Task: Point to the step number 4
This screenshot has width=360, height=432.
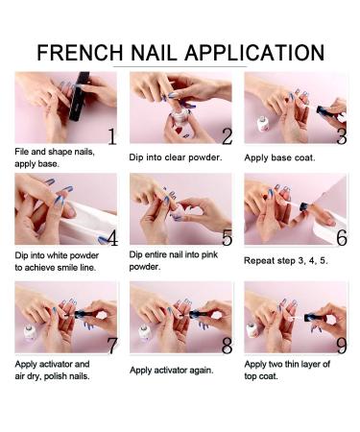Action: (x=111, y=238)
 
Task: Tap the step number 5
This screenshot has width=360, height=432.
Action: (x=227, y=238)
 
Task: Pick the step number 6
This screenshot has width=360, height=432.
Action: (x=341, y=238)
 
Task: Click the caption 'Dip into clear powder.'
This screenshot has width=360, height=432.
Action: (x=177, y=156)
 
